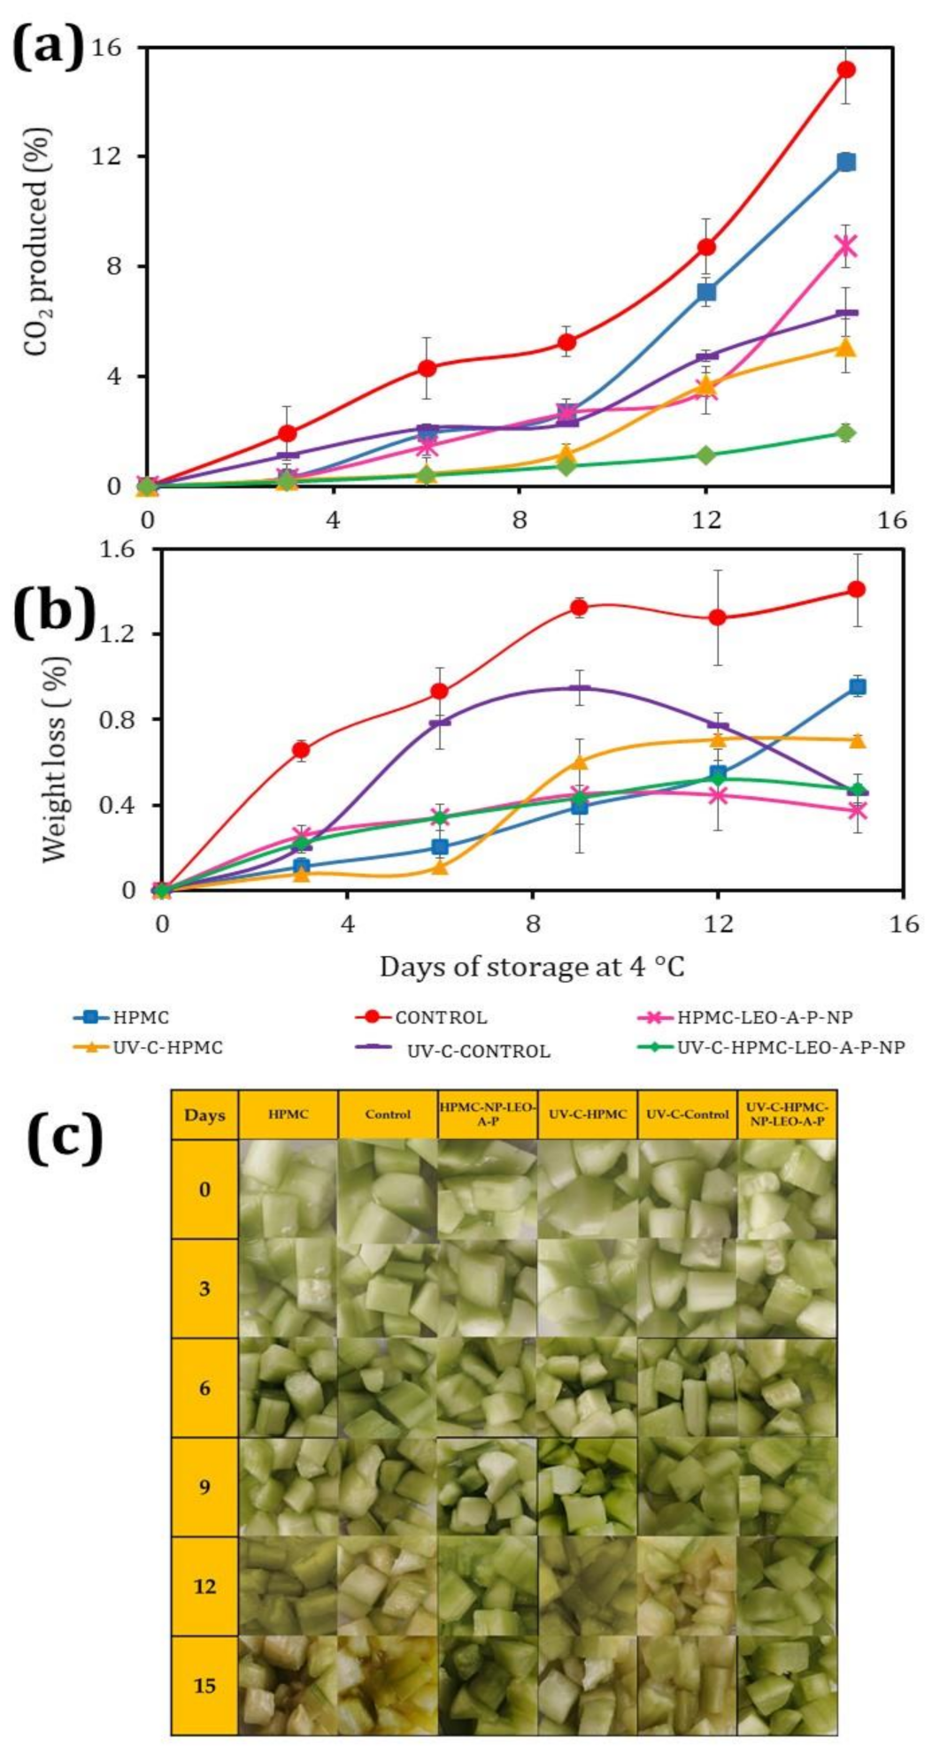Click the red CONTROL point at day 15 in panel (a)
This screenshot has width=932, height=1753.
pos(846,69)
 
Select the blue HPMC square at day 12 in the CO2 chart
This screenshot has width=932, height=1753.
pos(706,292)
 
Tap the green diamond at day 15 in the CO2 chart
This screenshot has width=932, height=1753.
pos(846,433)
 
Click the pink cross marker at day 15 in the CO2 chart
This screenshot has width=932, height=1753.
pos(846,245)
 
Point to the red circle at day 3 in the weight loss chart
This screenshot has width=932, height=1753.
pos(301,749)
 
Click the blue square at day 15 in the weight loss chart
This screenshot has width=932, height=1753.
pos(857,686)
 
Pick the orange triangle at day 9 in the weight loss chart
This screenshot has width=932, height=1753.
pos(579,762)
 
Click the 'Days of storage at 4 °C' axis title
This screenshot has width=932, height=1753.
pos(532,967)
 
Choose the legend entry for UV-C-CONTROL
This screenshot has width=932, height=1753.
pos(478,1051)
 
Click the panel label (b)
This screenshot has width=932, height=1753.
pos(54,609)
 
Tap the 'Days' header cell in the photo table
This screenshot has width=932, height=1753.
pos(204,1115)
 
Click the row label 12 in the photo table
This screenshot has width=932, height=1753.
pos(204,1586)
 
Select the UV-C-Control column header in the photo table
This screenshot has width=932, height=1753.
pos(687,1114)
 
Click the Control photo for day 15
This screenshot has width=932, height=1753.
pos(388,1685)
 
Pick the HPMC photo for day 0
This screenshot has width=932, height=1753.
pos(289,1189)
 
